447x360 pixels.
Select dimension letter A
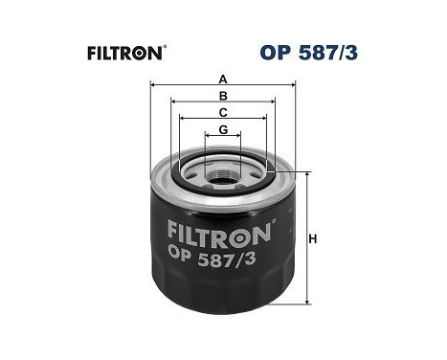tap(222, 80)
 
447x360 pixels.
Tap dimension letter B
tap(222, 97)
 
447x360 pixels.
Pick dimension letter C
tap(222, 113)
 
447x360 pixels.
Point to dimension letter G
tap(222, 129)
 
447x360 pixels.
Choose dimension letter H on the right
tap(313, 239)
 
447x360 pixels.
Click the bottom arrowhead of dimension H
tap(307, 302)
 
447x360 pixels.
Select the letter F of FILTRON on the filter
tap(173, 232)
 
